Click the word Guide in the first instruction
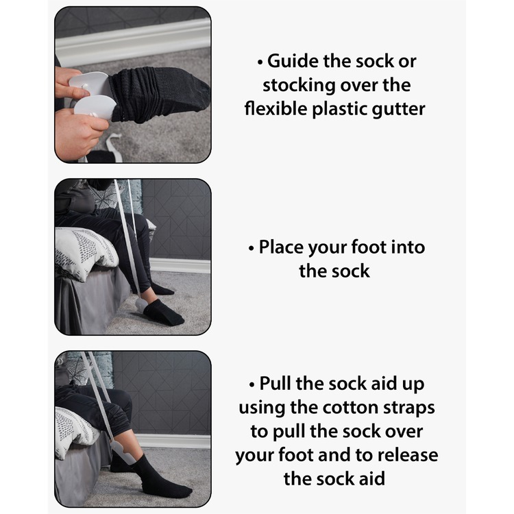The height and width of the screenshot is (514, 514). [293, 61]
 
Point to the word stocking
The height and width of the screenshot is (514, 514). [299, 86]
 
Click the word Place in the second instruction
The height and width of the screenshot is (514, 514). [280, 247]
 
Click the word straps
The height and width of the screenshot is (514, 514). [408, 408]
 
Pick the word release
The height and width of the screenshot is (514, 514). [408, 455]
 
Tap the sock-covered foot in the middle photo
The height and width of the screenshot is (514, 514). [163, 311]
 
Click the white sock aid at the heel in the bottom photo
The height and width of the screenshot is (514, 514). [122, 452]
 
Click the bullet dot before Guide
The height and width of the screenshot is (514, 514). [260, 62]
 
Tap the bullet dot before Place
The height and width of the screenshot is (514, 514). [252, 249]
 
